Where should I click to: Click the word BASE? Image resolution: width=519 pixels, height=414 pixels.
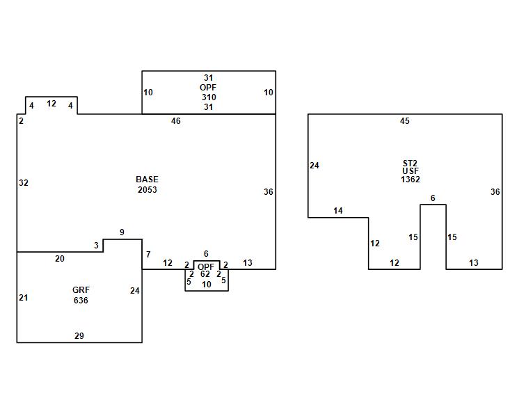(x=147, y=180)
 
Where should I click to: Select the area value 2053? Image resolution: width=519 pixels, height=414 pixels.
(x=147, y=189)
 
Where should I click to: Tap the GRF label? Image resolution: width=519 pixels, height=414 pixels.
(x=81, y=290)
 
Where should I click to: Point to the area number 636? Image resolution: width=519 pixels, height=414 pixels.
(x=81, y=301)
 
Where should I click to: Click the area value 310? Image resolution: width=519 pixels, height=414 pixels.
(x=209, y=97)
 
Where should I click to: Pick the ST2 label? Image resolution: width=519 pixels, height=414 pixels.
(x=410, y=164)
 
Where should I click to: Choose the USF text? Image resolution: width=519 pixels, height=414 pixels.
(x=410, y=171)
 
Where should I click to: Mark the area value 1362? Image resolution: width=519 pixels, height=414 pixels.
(x=410, y=180)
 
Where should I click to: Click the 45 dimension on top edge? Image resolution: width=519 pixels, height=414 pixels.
(x=405, y=121)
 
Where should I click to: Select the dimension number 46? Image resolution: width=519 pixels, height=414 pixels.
(x=176, y=121)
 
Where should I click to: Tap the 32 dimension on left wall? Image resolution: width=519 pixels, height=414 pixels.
(x=24, y=183)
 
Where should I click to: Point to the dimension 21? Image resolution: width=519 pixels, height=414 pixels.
(x=24, y=298)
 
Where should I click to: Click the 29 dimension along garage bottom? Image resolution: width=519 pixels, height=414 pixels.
(x=79, y=336)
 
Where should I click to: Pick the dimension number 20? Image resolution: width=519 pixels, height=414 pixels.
(x=60, y=259)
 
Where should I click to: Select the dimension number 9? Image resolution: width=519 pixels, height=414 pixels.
(x=122, y=232)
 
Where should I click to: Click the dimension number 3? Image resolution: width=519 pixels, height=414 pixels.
(x=96, y=246)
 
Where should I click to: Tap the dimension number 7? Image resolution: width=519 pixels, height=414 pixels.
(x=148, y=255)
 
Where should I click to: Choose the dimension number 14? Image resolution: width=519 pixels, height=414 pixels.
(x=338, y=211)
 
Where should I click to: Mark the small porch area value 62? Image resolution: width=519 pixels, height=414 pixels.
(x=205, y=275)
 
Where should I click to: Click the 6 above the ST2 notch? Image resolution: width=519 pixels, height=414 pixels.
(x=433, y=198)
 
